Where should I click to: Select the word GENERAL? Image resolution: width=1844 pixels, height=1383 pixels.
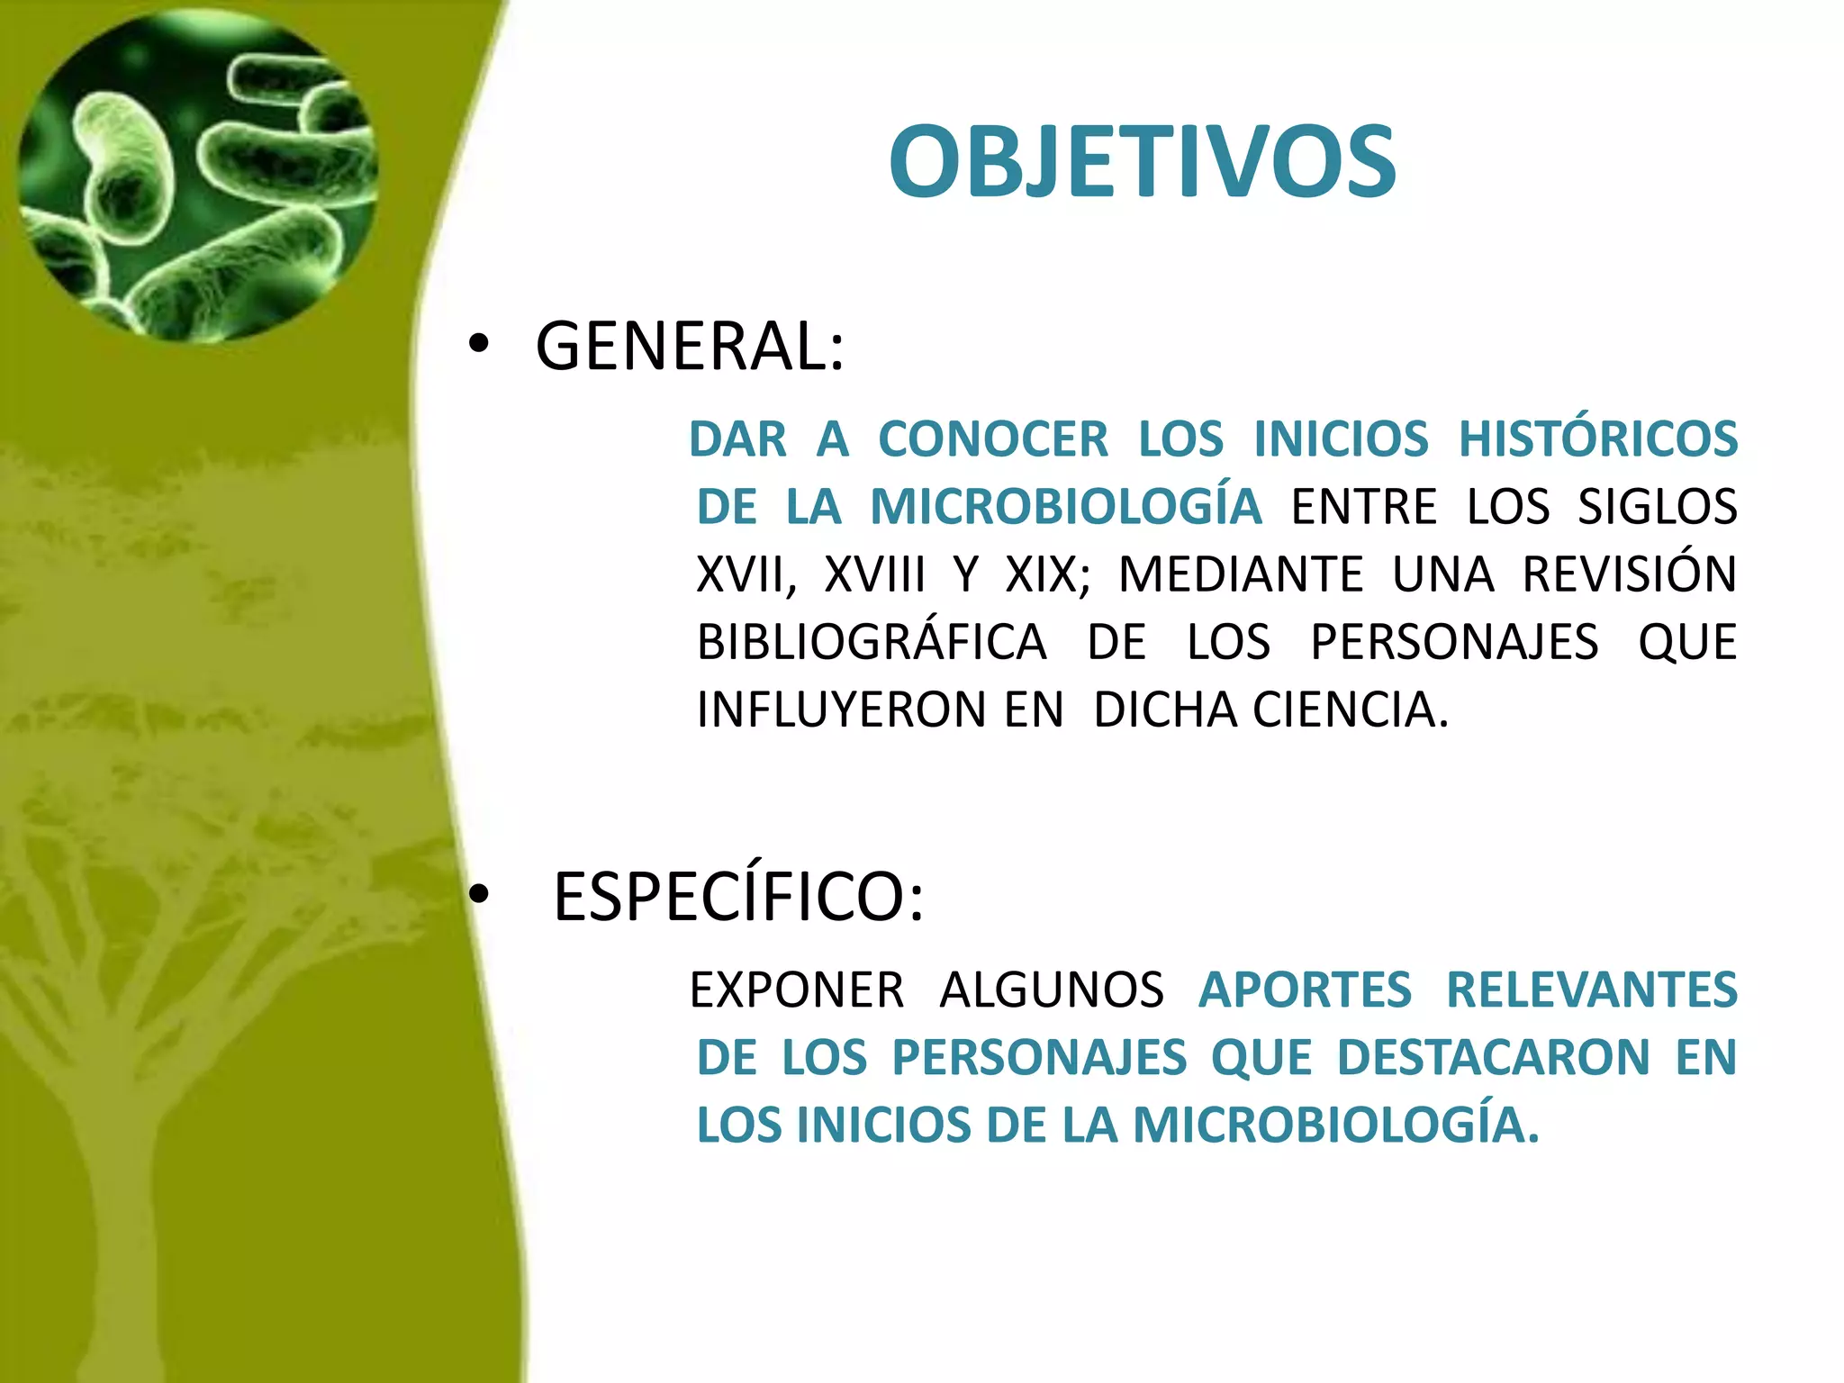[690, 347]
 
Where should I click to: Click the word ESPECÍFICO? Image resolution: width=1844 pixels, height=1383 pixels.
[737, 898]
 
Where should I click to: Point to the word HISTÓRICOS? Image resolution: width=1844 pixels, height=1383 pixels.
[1597, 439]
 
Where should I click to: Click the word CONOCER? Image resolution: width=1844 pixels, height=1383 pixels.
[992, 439]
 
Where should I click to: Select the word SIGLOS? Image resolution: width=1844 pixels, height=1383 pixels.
[1657, 507]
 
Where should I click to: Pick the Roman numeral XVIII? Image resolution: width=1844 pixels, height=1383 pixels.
[874, 574]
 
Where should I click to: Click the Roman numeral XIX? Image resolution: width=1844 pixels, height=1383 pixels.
[1047, 574]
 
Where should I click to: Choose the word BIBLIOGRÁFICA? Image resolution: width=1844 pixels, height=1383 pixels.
[872, 642]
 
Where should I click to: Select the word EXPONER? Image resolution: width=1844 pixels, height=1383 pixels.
[796, 990]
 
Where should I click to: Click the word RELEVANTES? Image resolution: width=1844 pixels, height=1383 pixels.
[1591, 990]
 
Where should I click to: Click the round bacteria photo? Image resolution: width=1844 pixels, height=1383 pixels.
[197, 176]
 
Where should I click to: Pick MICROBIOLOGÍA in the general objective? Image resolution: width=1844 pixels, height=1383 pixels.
[1065, 507]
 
